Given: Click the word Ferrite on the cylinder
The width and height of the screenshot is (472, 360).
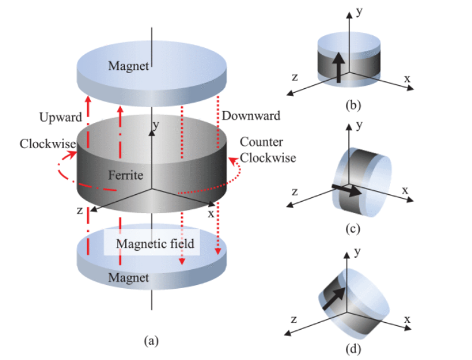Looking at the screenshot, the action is (x=126, y=175).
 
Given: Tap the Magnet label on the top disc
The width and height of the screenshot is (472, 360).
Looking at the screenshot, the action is (x=129, y=66).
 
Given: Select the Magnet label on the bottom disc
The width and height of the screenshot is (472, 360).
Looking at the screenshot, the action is (x=129, y=277).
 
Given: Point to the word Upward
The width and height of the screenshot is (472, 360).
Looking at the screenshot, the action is (x=61, y=117).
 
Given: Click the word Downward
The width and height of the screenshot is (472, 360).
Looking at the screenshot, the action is (x=251, y=116).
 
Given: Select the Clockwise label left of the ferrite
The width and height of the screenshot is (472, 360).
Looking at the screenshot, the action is (x=48, y=144).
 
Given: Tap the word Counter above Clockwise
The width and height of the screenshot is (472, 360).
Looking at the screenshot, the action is (x=261, y=142).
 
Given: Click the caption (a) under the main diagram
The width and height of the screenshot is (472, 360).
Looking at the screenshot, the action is (x=151, y=341).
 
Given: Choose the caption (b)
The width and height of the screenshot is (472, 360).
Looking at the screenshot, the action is (x=353, y=105).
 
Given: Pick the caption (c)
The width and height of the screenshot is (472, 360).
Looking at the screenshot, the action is (x=353, y=229).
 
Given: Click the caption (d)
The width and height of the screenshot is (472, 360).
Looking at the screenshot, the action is (x=353, y=349).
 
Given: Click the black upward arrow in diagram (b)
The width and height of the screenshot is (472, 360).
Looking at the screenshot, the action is (x=339, y=67).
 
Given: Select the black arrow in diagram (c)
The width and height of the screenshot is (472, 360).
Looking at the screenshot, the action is (x=347, y=190).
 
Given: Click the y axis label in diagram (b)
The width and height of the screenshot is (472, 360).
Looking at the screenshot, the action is (x=359, y=12).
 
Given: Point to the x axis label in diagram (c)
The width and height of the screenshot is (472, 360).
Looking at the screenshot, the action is (x=405, y=190).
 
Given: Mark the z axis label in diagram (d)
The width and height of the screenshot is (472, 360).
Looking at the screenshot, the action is (x=294, y=319).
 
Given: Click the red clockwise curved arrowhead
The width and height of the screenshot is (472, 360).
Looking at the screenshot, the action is (x=72, y=154).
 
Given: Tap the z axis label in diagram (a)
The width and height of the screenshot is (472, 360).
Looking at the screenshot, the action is (x=80, y=210).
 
